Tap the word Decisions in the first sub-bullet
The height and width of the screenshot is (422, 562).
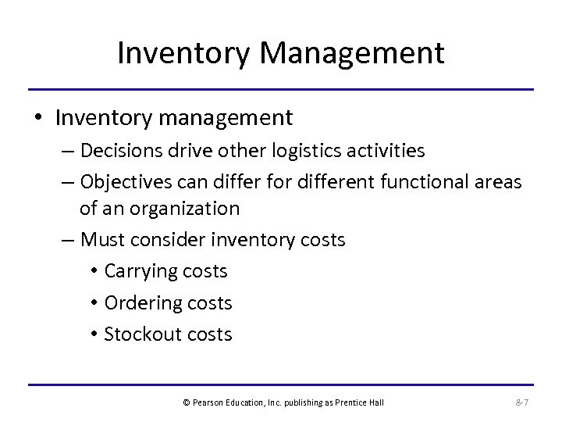119,150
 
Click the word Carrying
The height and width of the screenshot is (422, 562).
141,271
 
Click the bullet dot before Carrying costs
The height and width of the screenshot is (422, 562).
93,272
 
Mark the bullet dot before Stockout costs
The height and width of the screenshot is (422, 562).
93,334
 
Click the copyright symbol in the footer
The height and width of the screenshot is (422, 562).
186,403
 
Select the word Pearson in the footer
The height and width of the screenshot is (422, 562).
206,403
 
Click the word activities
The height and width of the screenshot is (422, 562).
389,150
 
